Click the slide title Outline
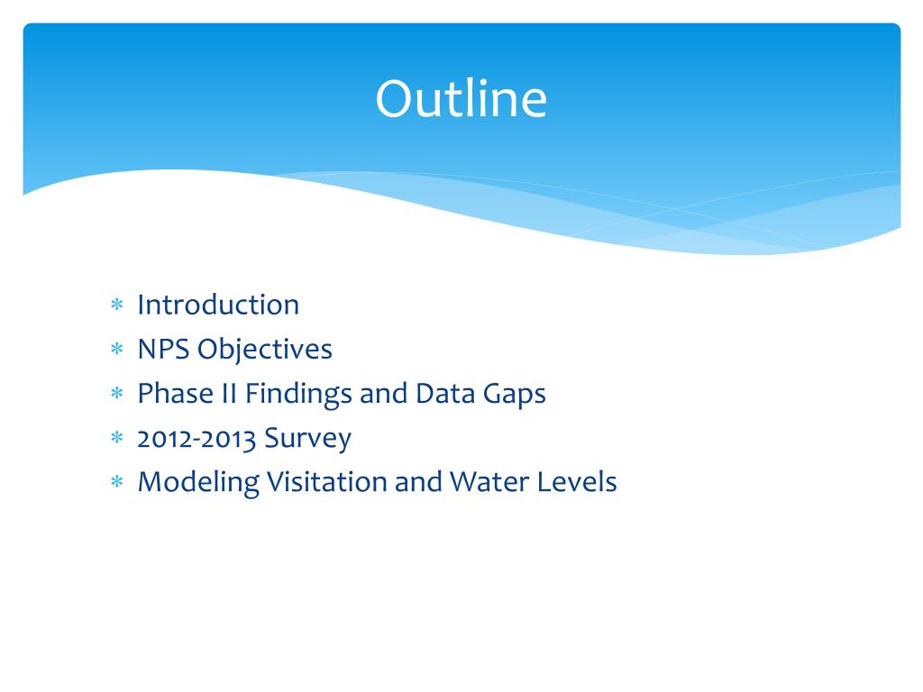tap(461, 98)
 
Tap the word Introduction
tap(218, 305)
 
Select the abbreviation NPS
tap(163, 349)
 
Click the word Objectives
tap(265, 351)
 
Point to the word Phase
tap(176, 393)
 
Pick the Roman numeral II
tap(229, 394)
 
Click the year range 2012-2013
tap(196, 439)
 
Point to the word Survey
tap(308, 439)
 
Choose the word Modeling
tap(198, 483)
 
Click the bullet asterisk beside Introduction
tap(116, 305)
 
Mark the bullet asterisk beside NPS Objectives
tap(116, 349)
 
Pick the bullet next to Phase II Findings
tap(116, 393)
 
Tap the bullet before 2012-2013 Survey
tap(116, 437)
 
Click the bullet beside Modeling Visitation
tap(116, 481)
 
